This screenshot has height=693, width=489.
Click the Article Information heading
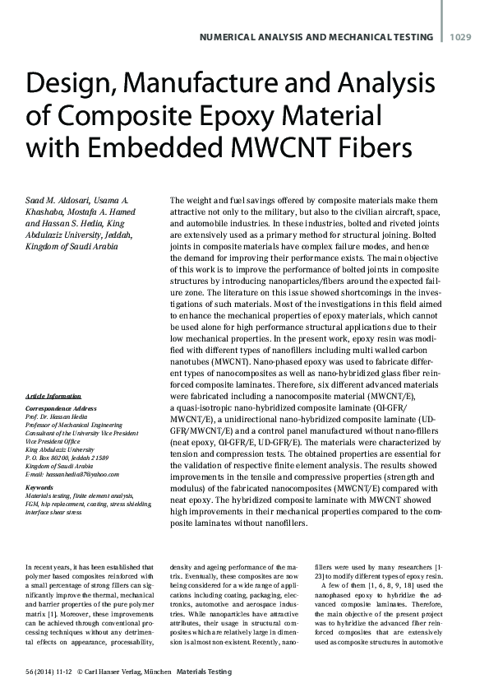58,396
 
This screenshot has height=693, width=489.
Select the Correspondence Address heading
63,409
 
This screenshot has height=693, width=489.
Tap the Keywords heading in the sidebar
42,487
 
